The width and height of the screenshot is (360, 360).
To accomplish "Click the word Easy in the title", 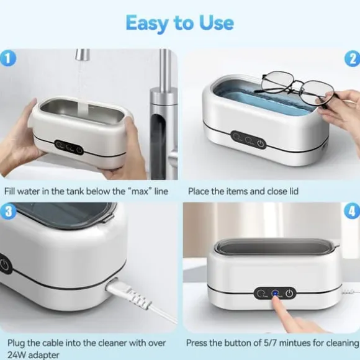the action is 147,24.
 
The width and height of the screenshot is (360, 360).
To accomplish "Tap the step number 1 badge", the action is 8,58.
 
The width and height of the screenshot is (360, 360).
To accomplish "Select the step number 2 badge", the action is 353,59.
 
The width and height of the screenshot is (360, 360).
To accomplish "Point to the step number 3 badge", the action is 8,211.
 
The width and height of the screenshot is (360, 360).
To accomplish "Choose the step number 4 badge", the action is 352,211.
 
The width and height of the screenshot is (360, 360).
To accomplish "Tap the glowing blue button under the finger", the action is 275,294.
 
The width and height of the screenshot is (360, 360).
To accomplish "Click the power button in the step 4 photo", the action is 289,293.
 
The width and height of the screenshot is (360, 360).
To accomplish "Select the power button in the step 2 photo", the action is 260,144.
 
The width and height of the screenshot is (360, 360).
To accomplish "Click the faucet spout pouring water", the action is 82,55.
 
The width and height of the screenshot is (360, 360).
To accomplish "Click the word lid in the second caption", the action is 293,191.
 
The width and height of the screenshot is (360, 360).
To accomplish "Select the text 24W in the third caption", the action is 17,355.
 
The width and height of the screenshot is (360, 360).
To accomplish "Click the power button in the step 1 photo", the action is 79,151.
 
